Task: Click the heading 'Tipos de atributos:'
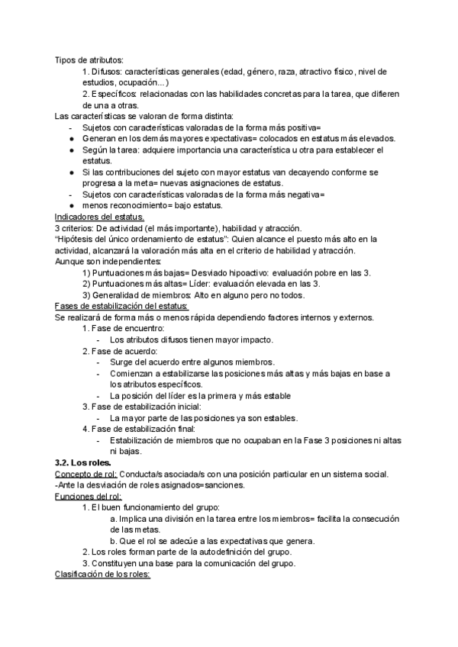pos(89,60)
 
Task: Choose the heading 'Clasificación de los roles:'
pos(103,575)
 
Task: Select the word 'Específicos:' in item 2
pos(115,94)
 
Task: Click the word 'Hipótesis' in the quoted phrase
pos(79,239)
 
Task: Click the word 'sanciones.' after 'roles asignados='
pos(223,485)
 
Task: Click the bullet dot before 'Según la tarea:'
pos(72,150)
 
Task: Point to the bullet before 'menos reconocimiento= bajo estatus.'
pos(72,205)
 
